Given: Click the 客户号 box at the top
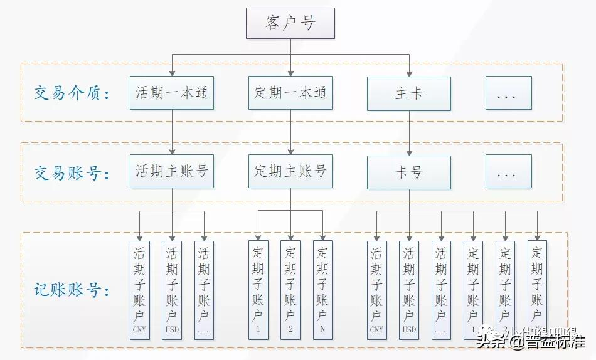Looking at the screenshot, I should click(x=290, y=23).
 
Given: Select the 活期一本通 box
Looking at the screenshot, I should click(x=171, y=93).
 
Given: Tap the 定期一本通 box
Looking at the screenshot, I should click(x=290, y=93).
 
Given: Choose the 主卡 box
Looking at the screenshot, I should click(x=409, y=93).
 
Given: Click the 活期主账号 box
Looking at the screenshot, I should click(x=171, y=171).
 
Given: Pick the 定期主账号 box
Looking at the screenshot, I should click(x=290, y=171).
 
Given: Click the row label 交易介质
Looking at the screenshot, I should click(x=72, y=94).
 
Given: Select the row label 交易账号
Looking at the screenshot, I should click(x=72, y=172).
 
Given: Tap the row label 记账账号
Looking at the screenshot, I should click(x=72, y=290).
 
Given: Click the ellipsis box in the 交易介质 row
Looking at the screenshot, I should click(x=508, y=93).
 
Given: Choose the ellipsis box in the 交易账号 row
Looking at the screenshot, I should click(x=508, y=172).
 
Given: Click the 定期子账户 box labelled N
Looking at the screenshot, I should click(x=322, y=290).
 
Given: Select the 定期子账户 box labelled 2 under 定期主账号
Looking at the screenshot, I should click(x=290, y=290).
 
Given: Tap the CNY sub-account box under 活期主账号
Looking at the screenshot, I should click(x=139, y=290).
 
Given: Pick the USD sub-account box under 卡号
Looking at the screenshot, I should click(x=409, y=290).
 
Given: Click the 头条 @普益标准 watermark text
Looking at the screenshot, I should click(x=530, y=342).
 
